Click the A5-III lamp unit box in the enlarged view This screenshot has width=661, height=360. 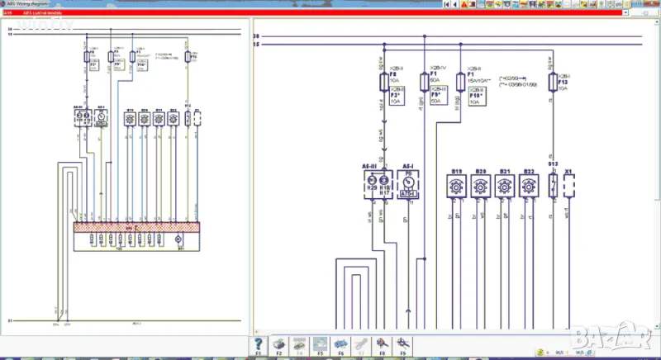[x=376, y=187]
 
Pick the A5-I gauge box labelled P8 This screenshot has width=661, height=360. [x=408, y=187]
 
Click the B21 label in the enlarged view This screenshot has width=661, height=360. [x=504, y=171]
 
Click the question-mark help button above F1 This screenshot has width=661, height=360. [x=259, y=343]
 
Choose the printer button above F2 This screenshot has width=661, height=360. [x=279, y=343]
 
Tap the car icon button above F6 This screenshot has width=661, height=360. [x=340, y=343]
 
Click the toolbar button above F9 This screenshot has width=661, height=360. [x=402, y=343]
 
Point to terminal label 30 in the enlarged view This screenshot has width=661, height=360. [x=256, y=36]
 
